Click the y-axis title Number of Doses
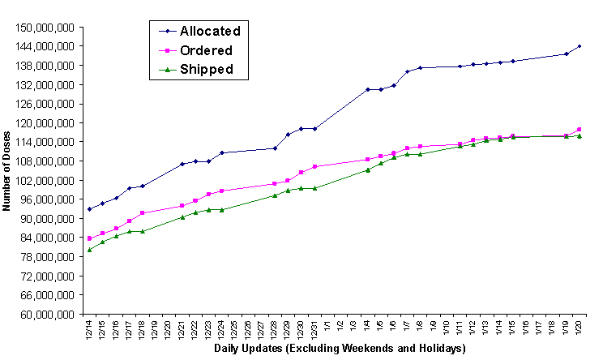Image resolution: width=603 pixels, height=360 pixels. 7,171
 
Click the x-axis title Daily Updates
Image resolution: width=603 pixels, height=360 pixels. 340,349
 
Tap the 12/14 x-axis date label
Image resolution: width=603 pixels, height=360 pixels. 89,328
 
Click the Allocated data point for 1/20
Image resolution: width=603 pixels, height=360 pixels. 579,46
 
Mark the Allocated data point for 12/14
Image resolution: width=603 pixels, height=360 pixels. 89,209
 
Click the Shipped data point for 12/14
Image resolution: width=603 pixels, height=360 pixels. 89,250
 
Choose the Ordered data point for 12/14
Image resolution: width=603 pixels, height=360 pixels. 89,238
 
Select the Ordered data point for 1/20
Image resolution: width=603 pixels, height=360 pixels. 579,129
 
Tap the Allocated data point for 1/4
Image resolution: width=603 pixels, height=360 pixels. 367,89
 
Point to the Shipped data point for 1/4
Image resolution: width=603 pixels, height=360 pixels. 367,169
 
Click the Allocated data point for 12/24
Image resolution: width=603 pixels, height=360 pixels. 222,152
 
